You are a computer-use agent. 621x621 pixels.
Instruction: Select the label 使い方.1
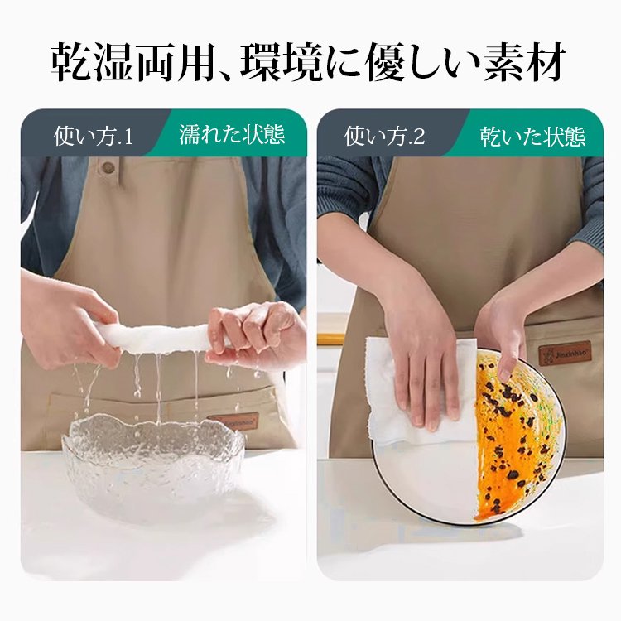(93, 135)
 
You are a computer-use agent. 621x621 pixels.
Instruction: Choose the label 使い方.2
(384, 135)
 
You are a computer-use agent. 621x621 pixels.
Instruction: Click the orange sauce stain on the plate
(513, 439)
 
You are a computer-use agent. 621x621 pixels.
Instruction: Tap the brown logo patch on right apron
(565, 354)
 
